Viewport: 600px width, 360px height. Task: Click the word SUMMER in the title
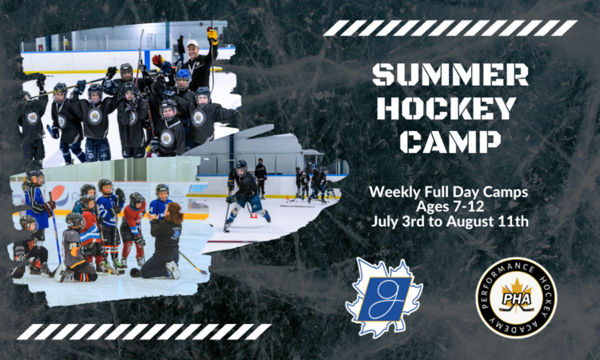450,74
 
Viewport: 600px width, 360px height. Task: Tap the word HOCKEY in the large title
446,108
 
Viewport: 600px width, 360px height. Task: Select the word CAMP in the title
450,142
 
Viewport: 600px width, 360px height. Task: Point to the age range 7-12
470,206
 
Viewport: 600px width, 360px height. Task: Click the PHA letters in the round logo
516,298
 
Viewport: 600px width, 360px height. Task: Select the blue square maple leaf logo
384,298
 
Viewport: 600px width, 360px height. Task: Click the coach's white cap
193,43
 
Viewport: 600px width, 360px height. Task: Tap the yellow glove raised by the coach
212,36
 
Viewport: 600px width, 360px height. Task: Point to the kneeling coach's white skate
173,270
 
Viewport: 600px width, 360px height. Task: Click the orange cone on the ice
254,215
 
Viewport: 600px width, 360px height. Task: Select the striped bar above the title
450,28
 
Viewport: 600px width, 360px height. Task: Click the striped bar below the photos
144,332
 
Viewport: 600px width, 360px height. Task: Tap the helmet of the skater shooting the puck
242,166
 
